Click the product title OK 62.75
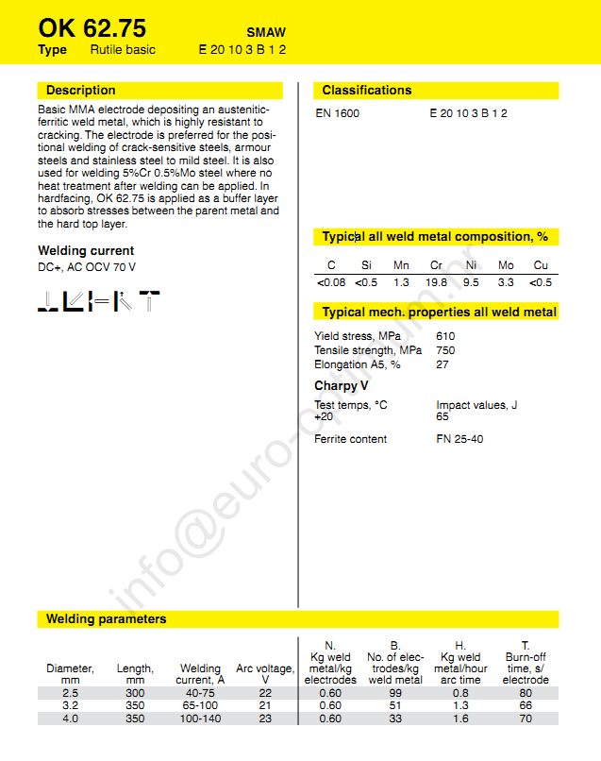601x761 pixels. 92,27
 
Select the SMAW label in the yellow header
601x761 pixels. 267,31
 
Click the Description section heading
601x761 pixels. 81,91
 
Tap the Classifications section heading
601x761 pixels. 367,91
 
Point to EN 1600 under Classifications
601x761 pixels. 337,113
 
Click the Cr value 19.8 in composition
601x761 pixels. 436,282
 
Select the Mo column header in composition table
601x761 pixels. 506,265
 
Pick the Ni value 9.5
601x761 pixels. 471,282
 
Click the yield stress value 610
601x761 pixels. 445,336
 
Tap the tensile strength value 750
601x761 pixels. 445,350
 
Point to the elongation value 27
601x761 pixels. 442,364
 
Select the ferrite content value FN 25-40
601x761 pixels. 459,439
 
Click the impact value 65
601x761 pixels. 442,416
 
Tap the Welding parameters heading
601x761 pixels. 107,619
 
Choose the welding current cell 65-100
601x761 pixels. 200,705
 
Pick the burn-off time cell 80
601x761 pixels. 525,692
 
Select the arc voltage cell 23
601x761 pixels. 265,719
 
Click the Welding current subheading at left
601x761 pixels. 86,251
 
